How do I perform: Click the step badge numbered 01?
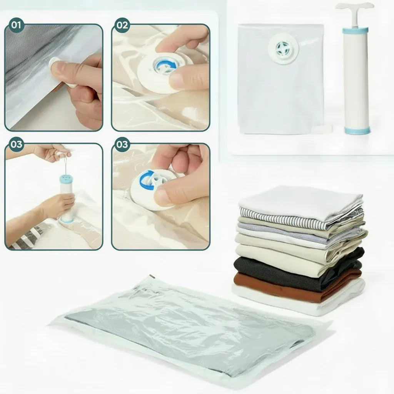16,25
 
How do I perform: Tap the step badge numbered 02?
122,25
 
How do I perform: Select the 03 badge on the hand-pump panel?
16,145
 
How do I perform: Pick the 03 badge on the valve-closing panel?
122,145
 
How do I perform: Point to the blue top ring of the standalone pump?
355,31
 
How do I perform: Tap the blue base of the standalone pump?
357,130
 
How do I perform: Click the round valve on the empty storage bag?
284,48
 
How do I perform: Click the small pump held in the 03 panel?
67,199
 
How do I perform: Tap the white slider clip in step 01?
63,72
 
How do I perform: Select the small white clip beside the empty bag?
322,129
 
